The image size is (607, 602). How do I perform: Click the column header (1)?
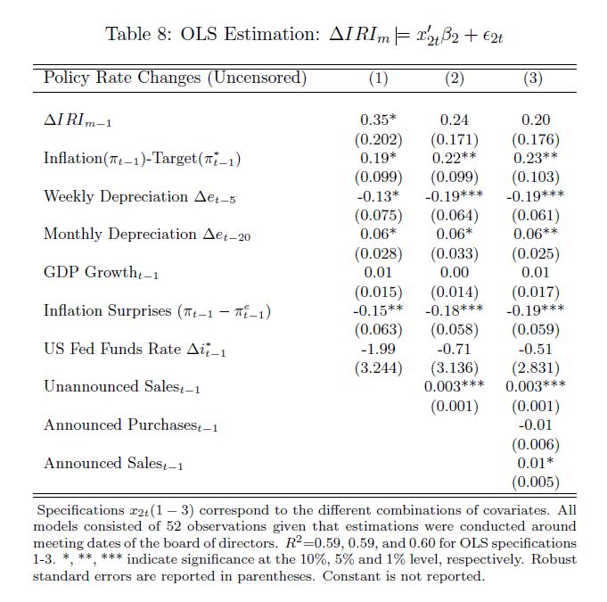coord(378,78)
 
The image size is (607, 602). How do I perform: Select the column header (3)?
coord(532,78)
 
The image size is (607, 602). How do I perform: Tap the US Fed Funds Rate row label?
coord(135,349)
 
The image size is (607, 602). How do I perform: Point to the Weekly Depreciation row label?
coord(128,197)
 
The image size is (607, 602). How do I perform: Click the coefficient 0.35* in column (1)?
coord(378,120)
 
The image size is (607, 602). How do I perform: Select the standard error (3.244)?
coord(378,367)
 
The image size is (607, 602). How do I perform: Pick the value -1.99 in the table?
coord(377,349)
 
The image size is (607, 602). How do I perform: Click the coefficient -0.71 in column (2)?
coord(454,349)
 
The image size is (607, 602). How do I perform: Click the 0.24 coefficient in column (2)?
coord(455,120)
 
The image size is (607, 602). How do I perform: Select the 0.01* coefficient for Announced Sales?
coord(535,463)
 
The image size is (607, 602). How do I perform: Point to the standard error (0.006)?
coord(535,444)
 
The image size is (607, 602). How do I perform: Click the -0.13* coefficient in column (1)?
coord(379,196)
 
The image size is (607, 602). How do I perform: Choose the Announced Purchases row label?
coord(130,425)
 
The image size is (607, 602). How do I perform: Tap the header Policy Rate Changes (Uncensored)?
coord(175,78)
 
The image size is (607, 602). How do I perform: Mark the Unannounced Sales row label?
coord(121,387)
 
